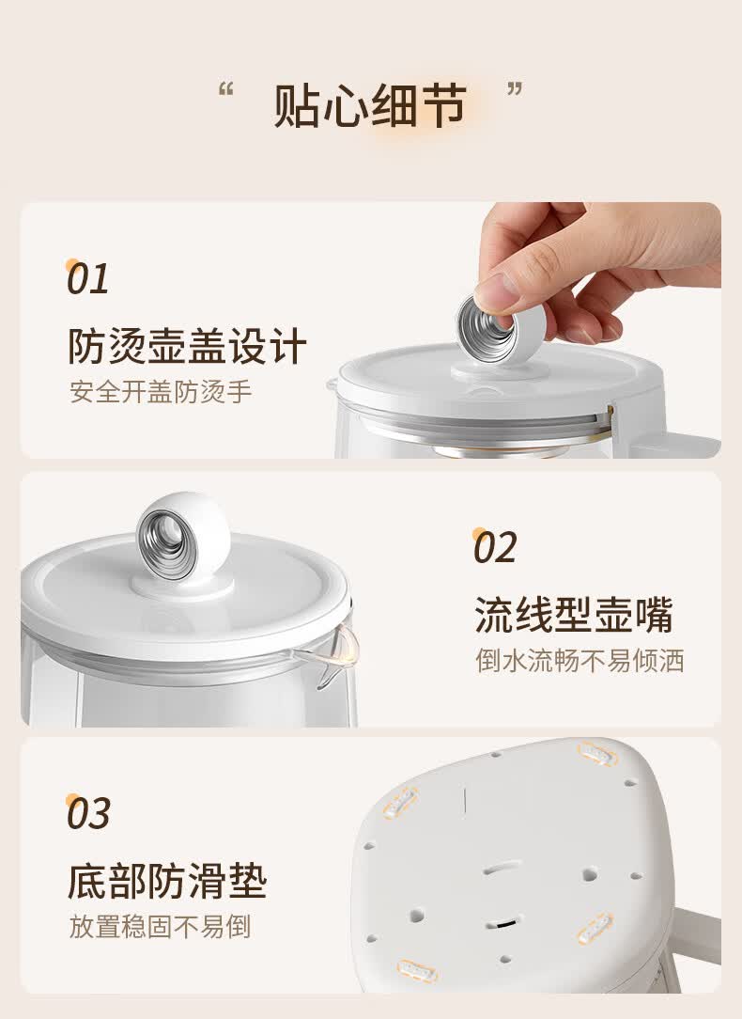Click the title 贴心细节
point(369,106)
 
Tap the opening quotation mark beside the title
point(225,89)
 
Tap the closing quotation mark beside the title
point(515,89)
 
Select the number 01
point(87,279)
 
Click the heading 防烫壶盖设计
point(188,346)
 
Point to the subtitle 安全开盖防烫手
point(161,392)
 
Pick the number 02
point(495,547)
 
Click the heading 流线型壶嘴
point(574,615)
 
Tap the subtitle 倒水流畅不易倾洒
point(580,660)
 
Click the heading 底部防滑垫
point(167,881)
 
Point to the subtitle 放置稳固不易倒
point(161,927)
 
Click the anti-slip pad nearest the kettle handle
point(595,927)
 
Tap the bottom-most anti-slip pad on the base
point(416,971)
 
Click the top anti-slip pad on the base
point(595,754)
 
